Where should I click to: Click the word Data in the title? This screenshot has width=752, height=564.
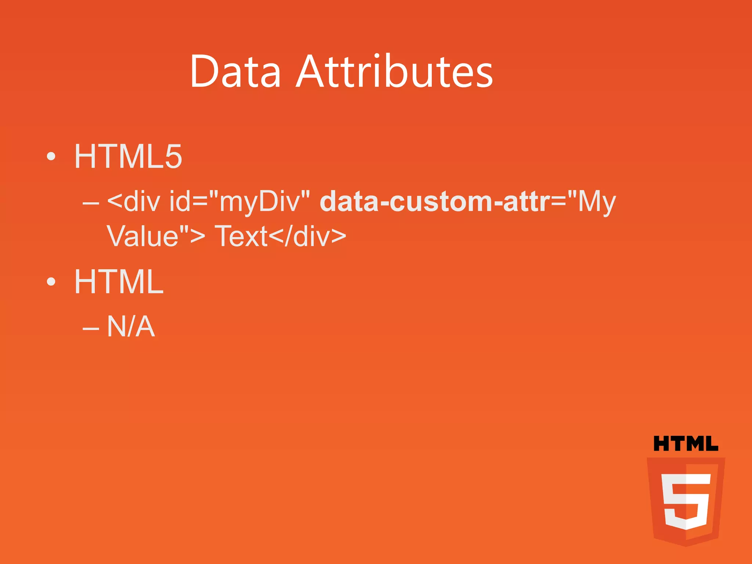(x=235, y=71)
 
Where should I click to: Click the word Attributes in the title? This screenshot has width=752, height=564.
(x=395, y=71)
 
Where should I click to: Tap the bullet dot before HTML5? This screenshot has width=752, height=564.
(x=51, y=157)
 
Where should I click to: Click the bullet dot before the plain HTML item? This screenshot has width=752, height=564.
(x=51, y=282)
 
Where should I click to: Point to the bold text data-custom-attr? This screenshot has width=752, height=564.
(x=435, y=202)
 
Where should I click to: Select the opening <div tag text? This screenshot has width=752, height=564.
(x=134, y=202)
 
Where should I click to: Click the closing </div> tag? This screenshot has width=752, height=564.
(x=307, y=236)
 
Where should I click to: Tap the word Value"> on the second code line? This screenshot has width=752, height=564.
(x=156, y=236)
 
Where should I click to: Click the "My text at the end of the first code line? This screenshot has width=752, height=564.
(x=592, y=202)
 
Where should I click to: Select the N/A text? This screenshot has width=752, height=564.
(x=131, y=326)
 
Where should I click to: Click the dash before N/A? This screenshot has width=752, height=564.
(x=91, y=328)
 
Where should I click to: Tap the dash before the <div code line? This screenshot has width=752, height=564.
(x=91, y=203)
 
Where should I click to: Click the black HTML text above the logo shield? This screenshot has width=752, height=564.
(x=686, y=444)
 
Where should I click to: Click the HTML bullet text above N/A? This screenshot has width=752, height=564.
(x=119, y=282)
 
